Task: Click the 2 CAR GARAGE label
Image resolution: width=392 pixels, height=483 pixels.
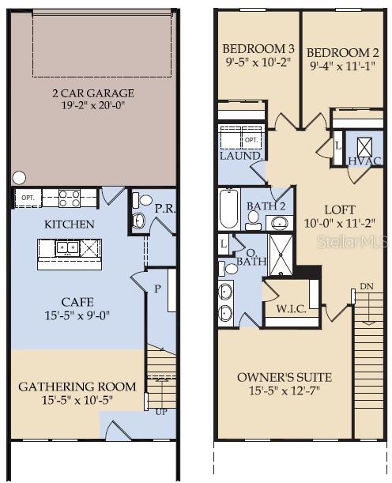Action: coord(94,93)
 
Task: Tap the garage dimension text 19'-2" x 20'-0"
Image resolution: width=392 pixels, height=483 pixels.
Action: coord(94,105)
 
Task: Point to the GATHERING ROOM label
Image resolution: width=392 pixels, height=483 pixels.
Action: coord(77,387)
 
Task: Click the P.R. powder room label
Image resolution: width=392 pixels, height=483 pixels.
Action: coord(164,209)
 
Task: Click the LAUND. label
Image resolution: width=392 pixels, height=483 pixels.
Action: coord(241,157)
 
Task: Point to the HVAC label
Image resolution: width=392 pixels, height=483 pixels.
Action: coord(364,161)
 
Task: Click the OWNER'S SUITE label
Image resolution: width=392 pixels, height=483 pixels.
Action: coord(285,376)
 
